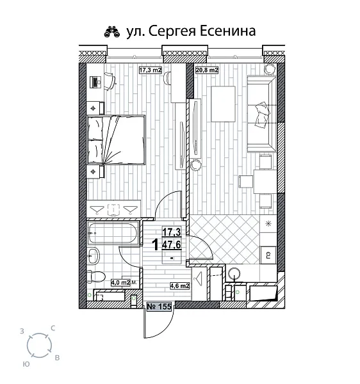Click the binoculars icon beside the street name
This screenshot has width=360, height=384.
[x=111, y=31]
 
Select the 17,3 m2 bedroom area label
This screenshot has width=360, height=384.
[x=151, y=70]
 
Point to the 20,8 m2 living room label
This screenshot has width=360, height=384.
[x=206, y=70]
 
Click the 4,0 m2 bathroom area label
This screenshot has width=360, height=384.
[x=121, y=282]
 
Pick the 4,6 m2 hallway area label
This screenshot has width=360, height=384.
[x=178, y=286]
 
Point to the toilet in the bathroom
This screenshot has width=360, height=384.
[x=93, y=277]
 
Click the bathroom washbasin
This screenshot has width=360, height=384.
[x=93, y=255]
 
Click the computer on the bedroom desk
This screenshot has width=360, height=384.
[x=95, y=81]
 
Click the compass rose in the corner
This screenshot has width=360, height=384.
[x=40, y=346]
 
